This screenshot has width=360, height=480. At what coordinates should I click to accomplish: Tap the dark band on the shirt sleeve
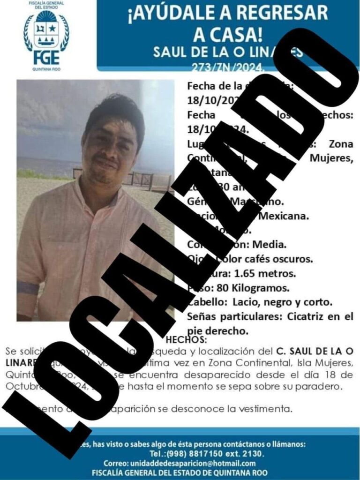28,287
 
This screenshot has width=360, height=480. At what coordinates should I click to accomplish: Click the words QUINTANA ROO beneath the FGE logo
46,68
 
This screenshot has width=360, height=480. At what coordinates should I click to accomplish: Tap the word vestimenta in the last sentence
270,409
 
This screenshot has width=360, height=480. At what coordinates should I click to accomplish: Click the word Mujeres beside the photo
332,158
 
